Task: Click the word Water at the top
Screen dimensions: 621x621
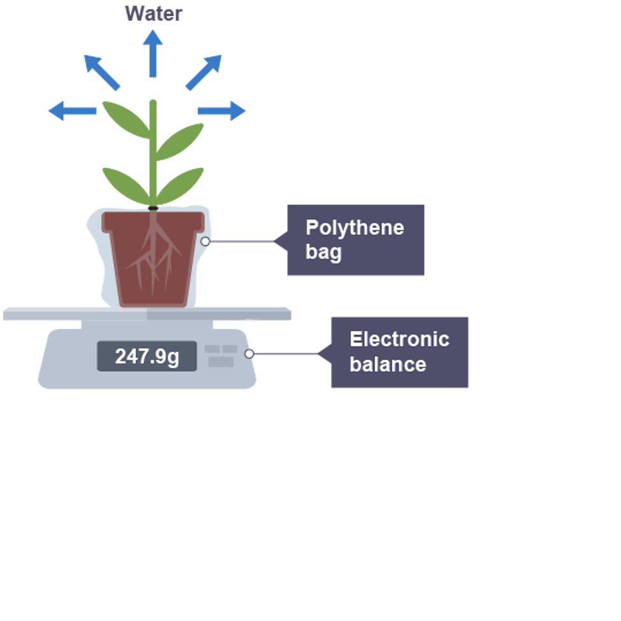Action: point(153,13)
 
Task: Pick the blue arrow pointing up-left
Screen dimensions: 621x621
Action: point(102,72)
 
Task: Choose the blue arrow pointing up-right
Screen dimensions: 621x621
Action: point(204,71)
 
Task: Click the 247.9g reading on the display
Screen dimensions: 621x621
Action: point(147,356)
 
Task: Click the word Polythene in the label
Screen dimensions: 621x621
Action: point(354,228)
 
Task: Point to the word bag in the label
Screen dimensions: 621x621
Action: point(323,252)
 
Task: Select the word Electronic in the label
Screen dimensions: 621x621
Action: point(399,339)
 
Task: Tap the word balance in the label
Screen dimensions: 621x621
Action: point(387,364)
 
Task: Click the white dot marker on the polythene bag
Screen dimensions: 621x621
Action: point(205,241)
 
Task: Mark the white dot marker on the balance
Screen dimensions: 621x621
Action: point(249,354)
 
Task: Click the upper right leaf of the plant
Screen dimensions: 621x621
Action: point(180,141)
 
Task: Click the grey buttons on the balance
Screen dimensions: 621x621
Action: point(221,356)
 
